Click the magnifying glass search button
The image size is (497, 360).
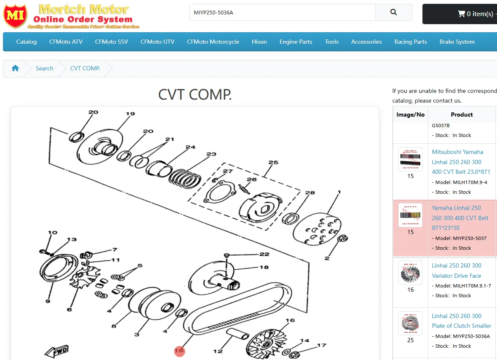(x=394, y=12)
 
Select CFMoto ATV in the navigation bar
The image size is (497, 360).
(x=66, y=42)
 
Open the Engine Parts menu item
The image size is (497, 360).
(x=296, y=42)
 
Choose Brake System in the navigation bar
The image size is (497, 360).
(x=457, y=42)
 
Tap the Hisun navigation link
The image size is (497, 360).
(x=259, y=42)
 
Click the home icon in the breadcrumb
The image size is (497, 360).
(x=15, y=68)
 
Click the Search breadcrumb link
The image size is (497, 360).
(x=44, y=68)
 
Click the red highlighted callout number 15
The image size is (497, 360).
(x=180, y=351)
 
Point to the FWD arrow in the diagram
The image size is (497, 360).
(x=57, y=351)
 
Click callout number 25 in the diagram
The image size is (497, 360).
(x=273, y=162)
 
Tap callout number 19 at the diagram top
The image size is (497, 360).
(x=130, y=114)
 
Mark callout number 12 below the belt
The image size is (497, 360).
(x=218, y=351)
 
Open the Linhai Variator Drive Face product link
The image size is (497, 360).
(x=456, y=271)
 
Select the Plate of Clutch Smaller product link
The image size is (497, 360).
(x=461, y=321)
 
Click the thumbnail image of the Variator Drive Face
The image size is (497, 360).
(x=410, y=273)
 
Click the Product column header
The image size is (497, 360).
(x=461, y=114)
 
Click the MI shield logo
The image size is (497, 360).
(x=15, y=16)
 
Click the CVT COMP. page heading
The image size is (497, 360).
(x=195, y=95)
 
